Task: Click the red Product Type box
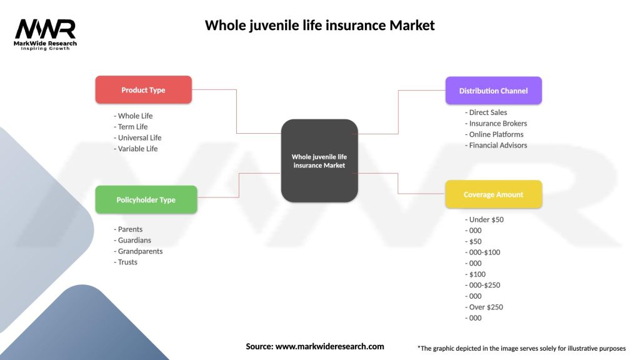pyautogui.click(x=143, y=90)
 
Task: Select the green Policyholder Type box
pyautogui.click(x=146, y=200)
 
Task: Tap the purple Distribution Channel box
pyautogui.click(x=493, y=91)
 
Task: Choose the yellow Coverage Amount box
pyautogui.click(x=493, y=194)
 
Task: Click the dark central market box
pyautogui.click(x=319, y=161)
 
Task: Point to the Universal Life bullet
pyautogui.click(x=137, y=137)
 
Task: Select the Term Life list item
pyautogui.click(x=132, y=127)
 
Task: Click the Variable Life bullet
pyautogui.click(x=136, y=149)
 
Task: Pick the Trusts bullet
pyautogui.click(x=127, y=262)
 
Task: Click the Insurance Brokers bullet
pyautogui.click(x=496, y=123)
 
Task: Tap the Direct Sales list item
pyautogui.click(x=486, y=112)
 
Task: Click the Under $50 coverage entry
pyautogui.click(x=484, y=219)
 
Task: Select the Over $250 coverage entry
pyautogui.click(x=484, y=307)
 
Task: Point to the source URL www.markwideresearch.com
pyautogui.click(x=329, y=346)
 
